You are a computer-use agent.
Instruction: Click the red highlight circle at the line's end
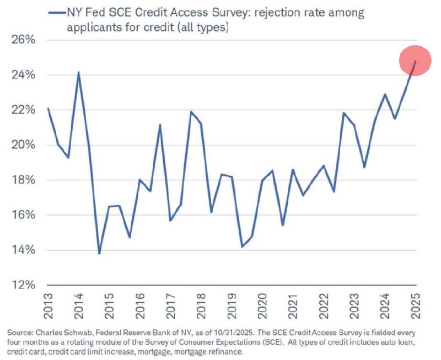tap(415, 61)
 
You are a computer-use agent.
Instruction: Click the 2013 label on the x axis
tap(48, 305)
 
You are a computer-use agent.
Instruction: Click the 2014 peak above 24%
tap(78, 72)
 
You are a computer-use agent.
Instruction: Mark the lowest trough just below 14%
tap(99, 253)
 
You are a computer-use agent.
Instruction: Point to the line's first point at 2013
tap(48, 109)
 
